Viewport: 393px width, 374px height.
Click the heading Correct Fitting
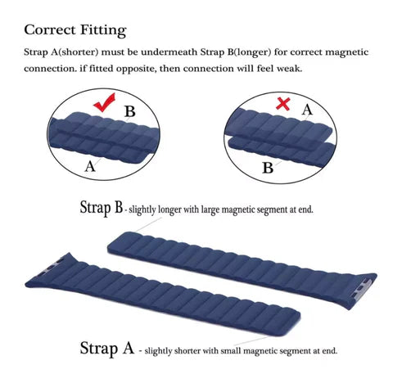(x=75, y=30)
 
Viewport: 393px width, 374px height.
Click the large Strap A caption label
(x=106, y=348)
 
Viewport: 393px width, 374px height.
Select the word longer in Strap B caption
(x=179, y=210)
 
